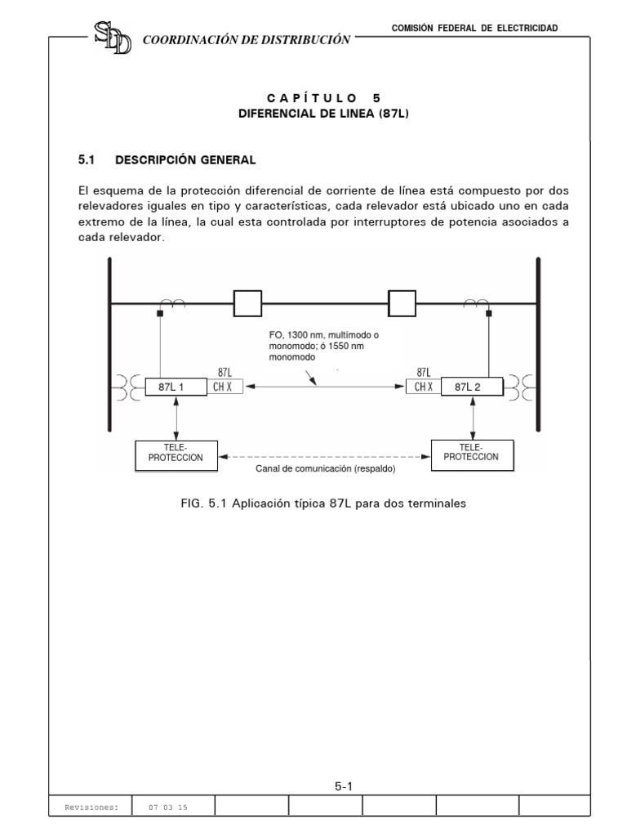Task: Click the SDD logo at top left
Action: coord(113,38)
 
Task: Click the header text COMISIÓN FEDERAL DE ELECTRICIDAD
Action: coord(475,28)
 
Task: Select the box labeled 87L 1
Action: coord(176,387)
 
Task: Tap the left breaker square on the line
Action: coord(247,303)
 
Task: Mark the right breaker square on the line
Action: coord(402,303)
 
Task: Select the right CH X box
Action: coord(423,387)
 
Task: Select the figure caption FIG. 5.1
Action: coord(324,504)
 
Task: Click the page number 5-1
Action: coord(342,786)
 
